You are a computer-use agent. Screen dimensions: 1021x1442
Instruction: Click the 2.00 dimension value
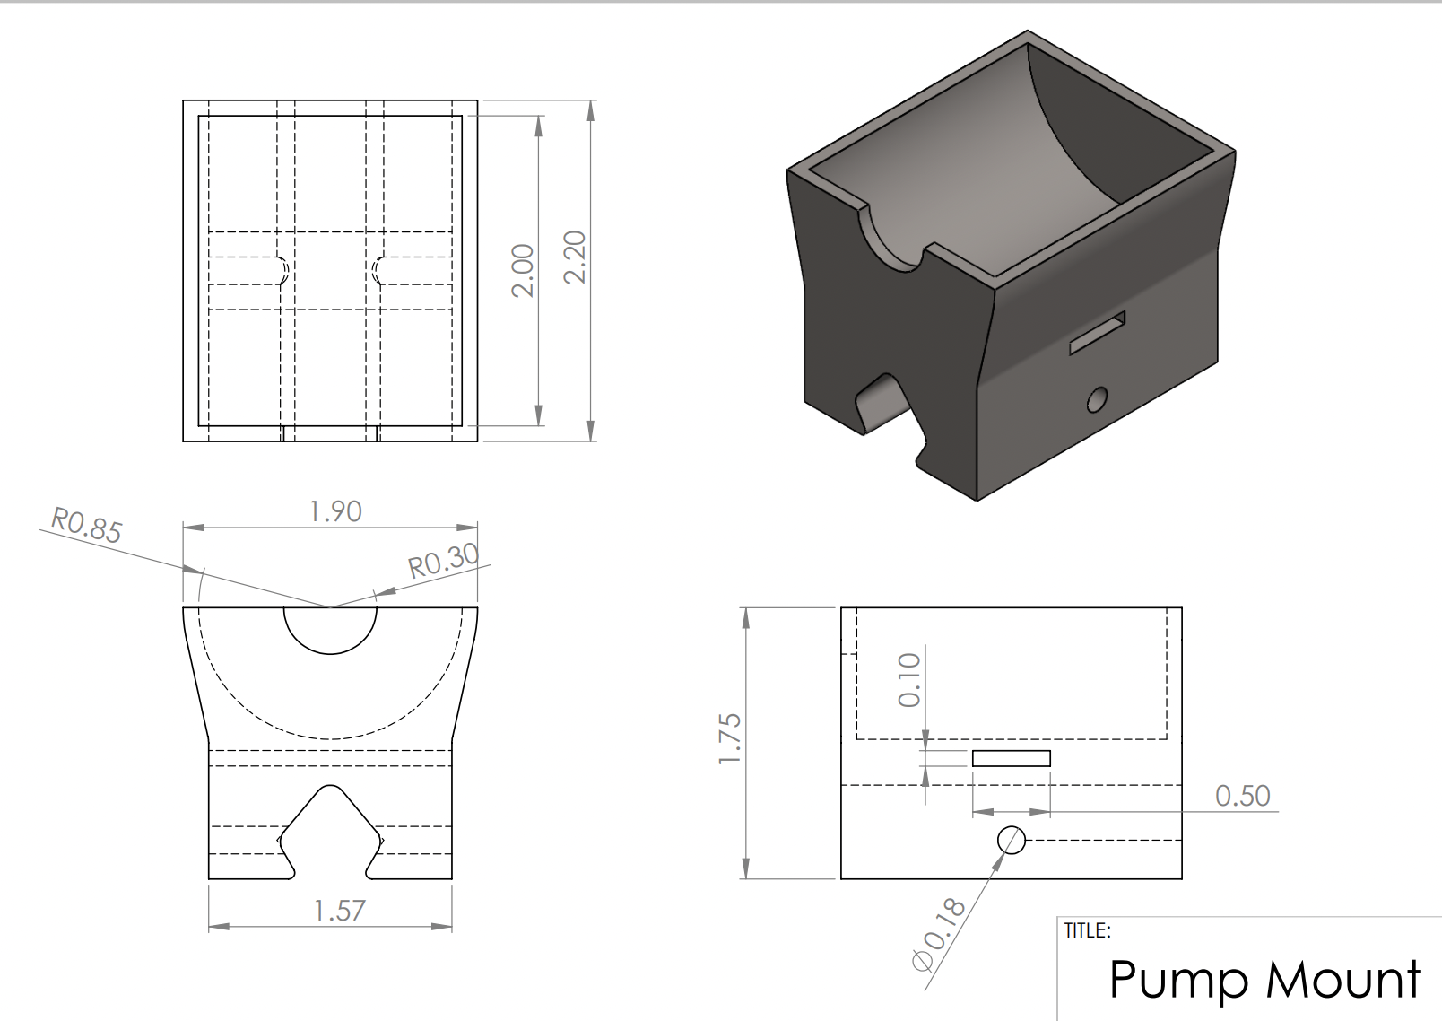coord(523,270)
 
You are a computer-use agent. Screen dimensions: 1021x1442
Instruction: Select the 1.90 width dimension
coord(335,511)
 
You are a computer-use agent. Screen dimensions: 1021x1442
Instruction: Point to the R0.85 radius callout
coord(85,526)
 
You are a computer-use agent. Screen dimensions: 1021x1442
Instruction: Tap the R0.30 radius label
coord(443,562)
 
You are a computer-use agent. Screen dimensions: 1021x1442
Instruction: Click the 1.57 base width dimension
coord(340,911)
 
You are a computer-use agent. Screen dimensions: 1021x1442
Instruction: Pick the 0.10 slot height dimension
coord(909,679)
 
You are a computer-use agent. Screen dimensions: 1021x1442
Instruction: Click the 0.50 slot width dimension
coord(1242,796)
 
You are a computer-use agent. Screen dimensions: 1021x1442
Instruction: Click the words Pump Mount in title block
coord(1264,979)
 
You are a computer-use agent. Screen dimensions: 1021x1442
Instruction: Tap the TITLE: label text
coord(1087,930)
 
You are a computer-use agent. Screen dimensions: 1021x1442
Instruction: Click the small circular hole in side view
coord(1012,840)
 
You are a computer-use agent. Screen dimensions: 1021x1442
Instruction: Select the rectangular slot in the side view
coord(1011,759)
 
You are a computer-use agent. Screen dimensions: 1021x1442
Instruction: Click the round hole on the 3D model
coord(1097,399)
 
